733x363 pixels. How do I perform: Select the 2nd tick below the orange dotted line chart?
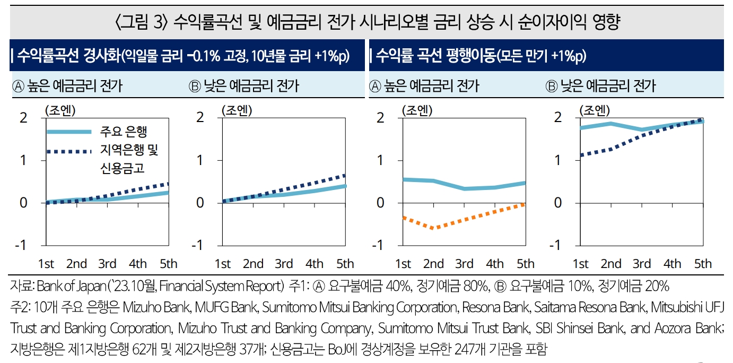pyautogui.click(x=433, y=264)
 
